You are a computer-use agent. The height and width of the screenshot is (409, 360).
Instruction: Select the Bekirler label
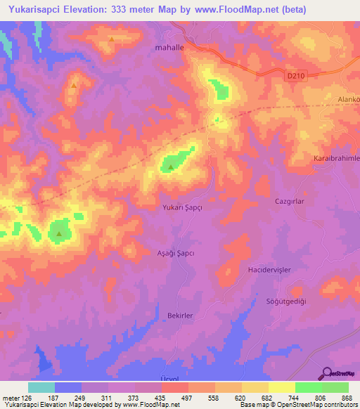180,316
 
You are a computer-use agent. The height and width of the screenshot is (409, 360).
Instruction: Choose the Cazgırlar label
288,201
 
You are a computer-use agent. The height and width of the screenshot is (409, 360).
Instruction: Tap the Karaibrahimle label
336,159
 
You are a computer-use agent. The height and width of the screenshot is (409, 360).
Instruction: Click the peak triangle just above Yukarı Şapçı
170,167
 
